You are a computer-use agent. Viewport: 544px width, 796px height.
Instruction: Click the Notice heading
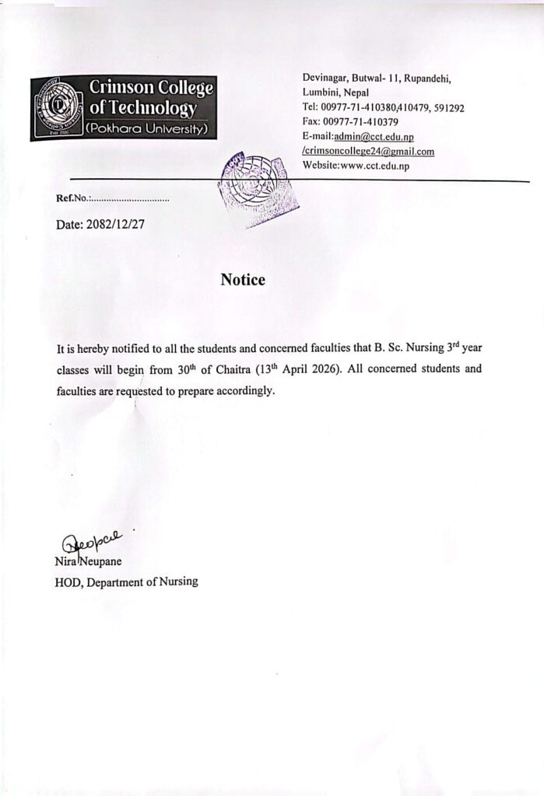(243, 280)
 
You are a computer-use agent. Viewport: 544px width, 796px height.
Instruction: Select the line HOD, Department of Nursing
(126, 581)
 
